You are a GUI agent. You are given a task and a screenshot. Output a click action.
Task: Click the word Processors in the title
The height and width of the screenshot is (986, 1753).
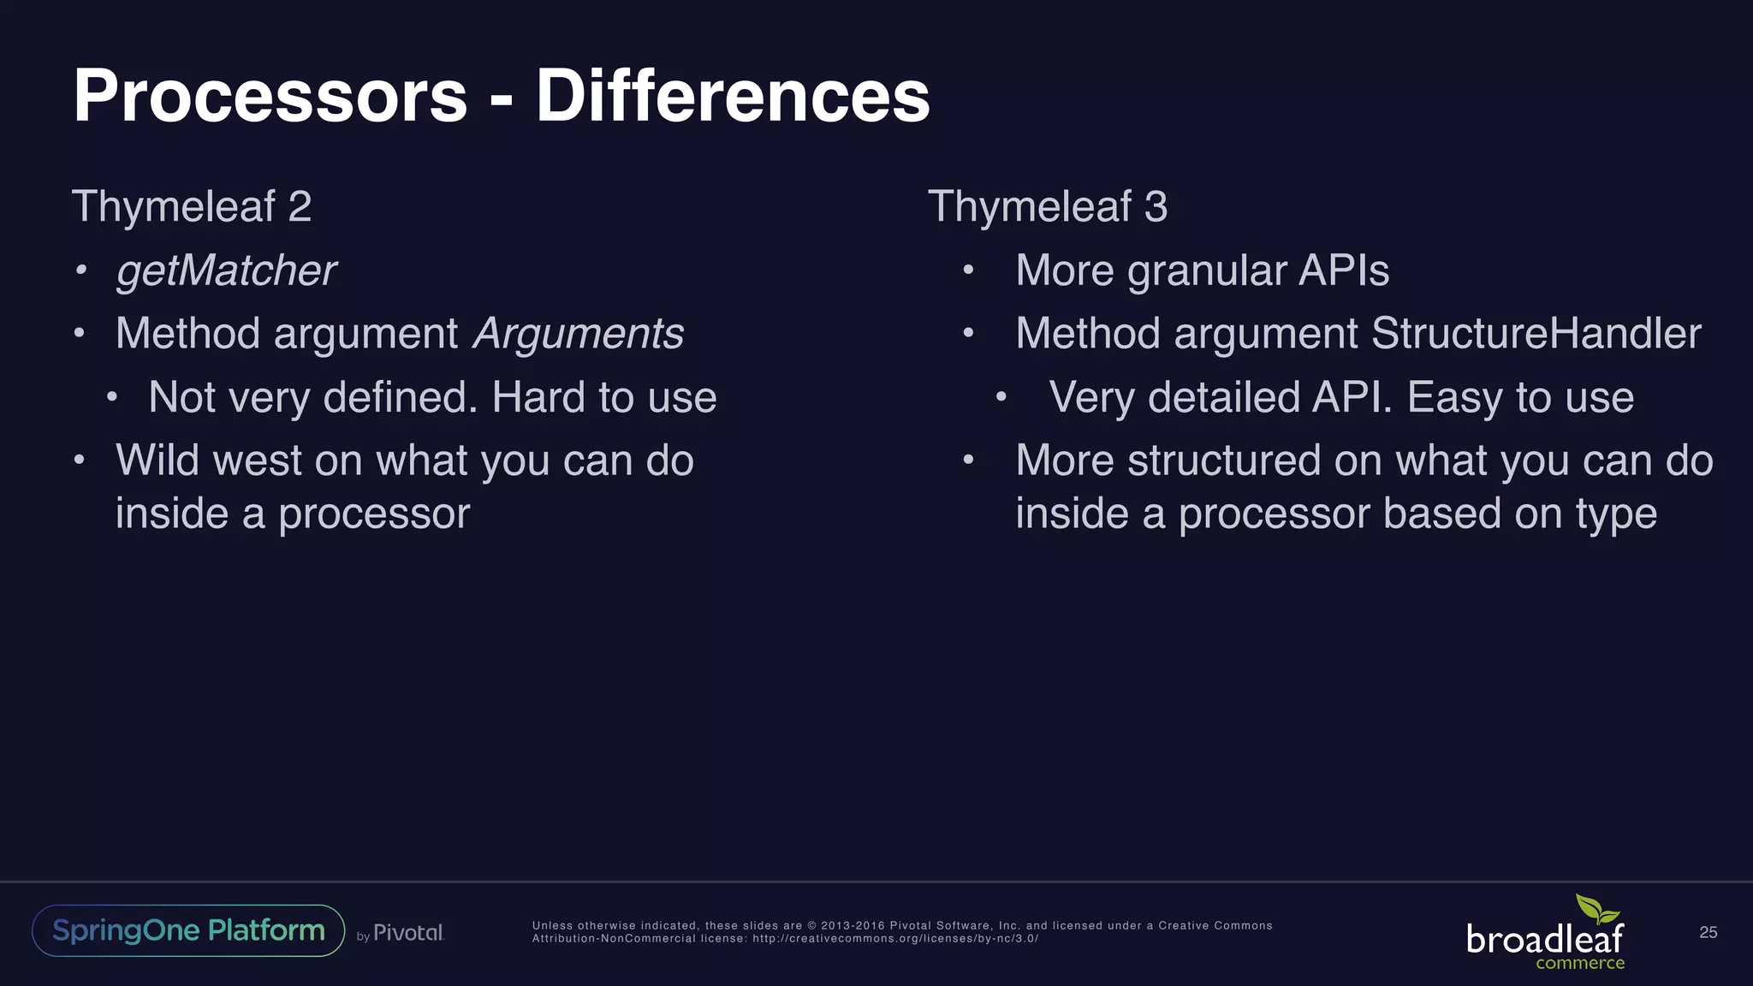[x=270, y=96]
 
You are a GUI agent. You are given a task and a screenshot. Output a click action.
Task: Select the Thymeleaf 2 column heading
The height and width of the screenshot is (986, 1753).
[x=192, y=206]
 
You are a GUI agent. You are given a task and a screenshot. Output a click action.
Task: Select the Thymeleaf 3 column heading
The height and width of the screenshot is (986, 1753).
[x=1048, y=206]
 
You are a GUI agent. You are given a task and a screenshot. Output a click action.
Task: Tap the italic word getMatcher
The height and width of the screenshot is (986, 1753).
[x=226, y=271]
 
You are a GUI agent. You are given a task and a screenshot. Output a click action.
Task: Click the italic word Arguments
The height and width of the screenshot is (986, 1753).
[x=579, y=334]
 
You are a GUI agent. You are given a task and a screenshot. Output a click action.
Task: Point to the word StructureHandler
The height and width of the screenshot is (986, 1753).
[x=1536, y=334]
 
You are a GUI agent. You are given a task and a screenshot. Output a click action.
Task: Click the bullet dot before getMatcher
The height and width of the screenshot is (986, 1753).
[x=80, y=271]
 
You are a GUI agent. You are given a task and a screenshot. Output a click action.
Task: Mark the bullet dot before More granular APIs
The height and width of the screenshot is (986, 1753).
[x=968, y=271]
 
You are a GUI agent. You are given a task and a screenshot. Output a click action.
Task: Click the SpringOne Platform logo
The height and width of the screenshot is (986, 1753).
[x=188, y=930]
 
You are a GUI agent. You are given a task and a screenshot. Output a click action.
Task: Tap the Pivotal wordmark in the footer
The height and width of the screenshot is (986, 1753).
[x=408, y=933]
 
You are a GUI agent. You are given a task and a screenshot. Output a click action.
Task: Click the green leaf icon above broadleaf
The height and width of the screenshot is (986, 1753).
[x=1596, y=910]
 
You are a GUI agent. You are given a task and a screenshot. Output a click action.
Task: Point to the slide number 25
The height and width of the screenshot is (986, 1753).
[x=1708, y=932]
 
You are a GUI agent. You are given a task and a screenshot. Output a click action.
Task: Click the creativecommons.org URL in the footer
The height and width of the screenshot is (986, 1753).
[x=894, y=939]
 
